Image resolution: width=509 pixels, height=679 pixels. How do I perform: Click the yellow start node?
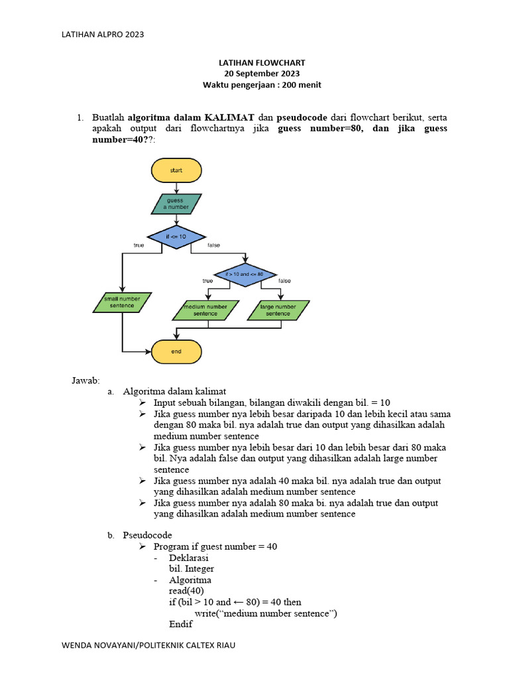pyautogui.click(x=176, y=170)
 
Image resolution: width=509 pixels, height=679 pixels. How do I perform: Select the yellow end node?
pyautogui.click(x=176, y=351)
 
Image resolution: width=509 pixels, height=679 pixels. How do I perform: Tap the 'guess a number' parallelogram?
pyautogui.click(x=176, y=204)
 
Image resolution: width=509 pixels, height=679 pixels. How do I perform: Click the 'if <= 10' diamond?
pyautogui.click(x=176, y=237)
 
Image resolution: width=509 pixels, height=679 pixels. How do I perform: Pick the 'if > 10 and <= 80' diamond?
pyautogui.click(x=245, y=273)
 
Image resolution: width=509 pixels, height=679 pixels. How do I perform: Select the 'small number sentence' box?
pyautogui.click(x=122, y=302)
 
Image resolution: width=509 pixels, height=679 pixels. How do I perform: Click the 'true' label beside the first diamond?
pyautogui.click(x=139, y=245)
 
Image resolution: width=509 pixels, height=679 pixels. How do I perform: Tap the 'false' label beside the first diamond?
pyautogui.click(x=213, y=245)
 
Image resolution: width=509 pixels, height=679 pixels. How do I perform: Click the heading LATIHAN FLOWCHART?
pyautogui.click(x=262, y=62)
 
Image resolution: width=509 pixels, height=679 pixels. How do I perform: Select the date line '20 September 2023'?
pyautogui.click(x=262, y=74)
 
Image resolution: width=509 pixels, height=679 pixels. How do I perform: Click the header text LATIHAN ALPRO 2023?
pyautogui.click(x=103, y=34)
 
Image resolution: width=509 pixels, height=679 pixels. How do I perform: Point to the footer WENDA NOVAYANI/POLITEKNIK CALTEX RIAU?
pyautogui.click(x=148, y=645)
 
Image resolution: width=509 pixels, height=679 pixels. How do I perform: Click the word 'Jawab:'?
pyautogui.click(x=85, y=380)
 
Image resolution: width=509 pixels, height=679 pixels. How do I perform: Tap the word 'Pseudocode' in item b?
pyautogui.click(x=147, y=534)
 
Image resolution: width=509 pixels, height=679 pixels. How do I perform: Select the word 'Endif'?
pyautogui.click(x=180, y=625)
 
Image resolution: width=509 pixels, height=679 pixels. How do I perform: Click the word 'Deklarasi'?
pyautogui.click(x=189, y=558)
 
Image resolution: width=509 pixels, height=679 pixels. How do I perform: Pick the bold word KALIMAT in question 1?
pyautogui.click(x=230, y=117)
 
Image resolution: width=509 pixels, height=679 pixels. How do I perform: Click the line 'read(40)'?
pyautogui.click(x=187, y=591)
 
